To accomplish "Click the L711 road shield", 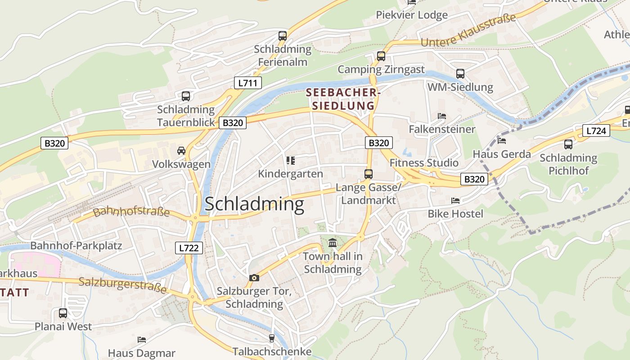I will click(x=247, y=83).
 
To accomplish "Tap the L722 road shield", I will click(x=188, y=247).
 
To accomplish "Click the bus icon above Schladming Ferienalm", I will click(x=282, y=36).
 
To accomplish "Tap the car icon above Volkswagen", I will click(x=181, y=150).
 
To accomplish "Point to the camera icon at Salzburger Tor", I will click(x=254, y=278).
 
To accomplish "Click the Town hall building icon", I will click(x=333, y=243).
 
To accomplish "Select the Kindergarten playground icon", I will click(x=290, y=161).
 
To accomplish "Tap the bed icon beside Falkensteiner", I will click(x=442, y=116).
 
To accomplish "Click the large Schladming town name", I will click(x=254, y=204).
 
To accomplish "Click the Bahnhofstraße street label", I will click(x=131, y=211).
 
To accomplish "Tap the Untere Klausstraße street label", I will click(x=468, y=31).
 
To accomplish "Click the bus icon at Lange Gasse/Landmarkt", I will click(x=369, y=174).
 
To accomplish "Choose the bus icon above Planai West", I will click(x=63, y=313).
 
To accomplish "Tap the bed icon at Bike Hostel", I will click(x=455, y=200).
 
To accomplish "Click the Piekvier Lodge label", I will click(x=412, y=15).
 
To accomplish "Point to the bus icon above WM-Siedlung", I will click(x=460, y=73).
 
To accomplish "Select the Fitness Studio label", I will click(x=424, y=162).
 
